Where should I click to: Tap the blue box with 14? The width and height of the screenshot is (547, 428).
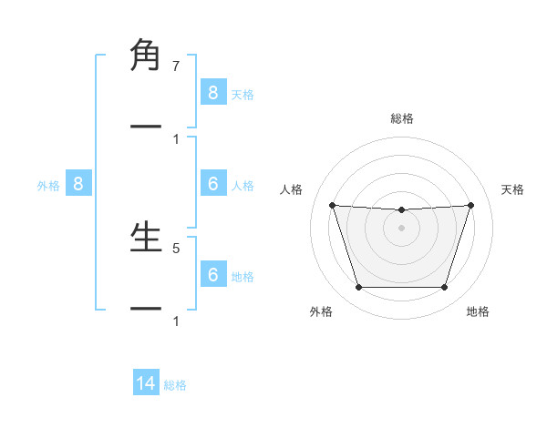pos(146,383)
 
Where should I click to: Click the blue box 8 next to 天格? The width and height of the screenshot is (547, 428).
pos(212,92)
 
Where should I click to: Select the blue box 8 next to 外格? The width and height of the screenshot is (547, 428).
pos(78,184)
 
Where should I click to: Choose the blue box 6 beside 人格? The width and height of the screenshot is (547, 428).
pos(212,184)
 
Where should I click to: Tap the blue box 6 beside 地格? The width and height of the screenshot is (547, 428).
pos(212,275)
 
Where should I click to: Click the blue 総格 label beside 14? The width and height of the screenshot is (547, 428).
pos(175,385)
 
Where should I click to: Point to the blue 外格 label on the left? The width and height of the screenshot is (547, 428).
pos(48,185)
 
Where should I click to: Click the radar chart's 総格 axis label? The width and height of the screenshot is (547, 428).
pos(402,118)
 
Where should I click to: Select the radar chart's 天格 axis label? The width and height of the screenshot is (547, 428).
pos(513,189)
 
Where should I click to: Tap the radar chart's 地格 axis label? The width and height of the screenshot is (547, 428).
pos(478,311)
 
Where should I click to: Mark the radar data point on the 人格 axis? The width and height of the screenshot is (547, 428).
pos(332,206)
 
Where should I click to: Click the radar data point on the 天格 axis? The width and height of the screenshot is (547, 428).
pos(470,206)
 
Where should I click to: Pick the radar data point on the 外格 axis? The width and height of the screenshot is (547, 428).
pos(358,288)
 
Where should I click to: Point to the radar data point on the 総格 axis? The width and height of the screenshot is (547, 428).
pos(401,210)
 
